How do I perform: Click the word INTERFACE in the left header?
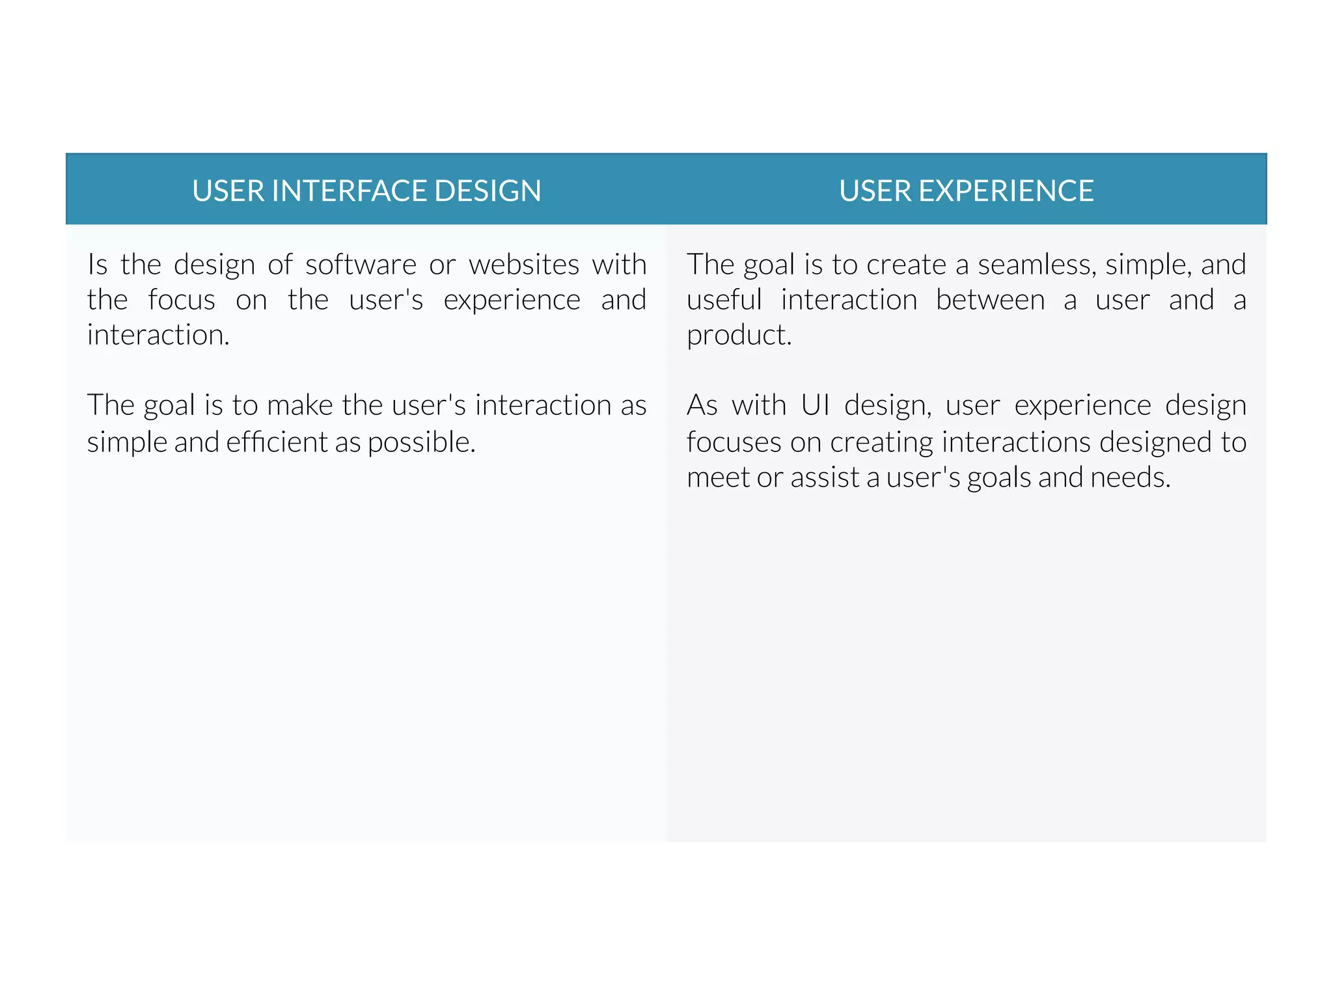[x=349, y=191]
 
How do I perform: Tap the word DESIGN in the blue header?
[x=488, y=191]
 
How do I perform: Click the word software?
[x=361, y=265]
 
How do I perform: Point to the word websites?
[x=524, y=265]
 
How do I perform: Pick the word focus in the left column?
[x=181, y=300]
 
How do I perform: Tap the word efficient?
[x=277, y=442]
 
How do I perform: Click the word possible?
[x=421, y=442]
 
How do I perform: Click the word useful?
[x=724, y=300]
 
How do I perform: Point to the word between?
[x=990, y=300]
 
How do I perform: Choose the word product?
[x=739, y=336]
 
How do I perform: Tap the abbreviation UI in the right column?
[x=815, y=406]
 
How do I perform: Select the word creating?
[x=881, y=442]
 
